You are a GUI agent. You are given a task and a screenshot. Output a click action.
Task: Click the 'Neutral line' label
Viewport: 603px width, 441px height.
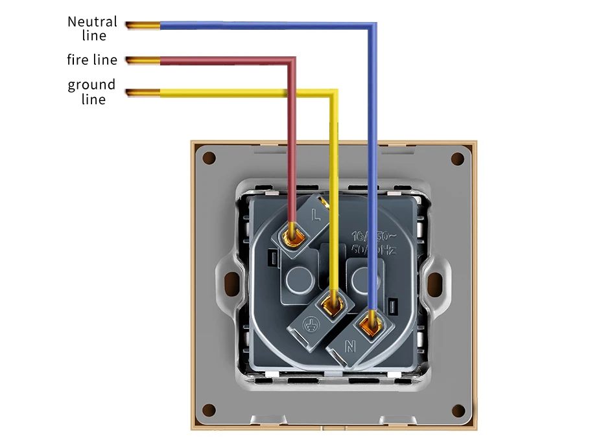click(93, 27)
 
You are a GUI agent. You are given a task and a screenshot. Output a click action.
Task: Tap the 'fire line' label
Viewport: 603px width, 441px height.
click(92, 60)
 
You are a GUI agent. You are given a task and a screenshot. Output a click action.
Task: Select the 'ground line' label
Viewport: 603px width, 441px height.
click(92, 91)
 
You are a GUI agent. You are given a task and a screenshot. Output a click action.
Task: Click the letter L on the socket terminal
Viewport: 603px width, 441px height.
click(316, 214)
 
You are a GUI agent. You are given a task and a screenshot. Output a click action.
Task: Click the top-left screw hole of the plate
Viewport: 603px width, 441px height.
click(209, 158)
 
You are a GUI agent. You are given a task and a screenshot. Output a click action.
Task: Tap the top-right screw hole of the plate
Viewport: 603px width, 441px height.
click(458, 158)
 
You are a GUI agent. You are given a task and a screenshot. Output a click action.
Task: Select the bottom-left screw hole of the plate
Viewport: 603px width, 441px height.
click(209, 410)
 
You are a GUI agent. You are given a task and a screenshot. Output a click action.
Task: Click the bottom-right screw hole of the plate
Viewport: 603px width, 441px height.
click(458, 410)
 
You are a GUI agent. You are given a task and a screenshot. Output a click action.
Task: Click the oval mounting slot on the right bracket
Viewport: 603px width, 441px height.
click(436, 283)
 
